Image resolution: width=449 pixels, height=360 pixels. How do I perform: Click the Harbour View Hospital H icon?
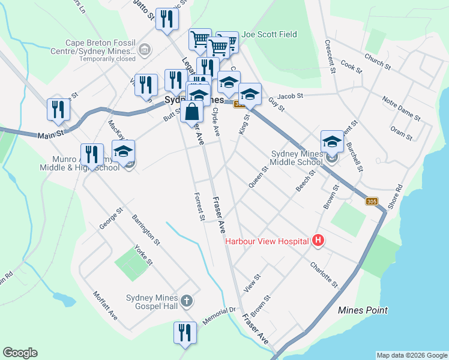pos(319,241)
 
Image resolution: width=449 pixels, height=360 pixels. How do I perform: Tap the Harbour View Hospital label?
pos(267,242)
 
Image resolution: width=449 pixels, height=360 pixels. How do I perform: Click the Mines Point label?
pos(363,310)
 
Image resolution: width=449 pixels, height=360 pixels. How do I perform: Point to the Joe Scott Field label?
pos(269,35)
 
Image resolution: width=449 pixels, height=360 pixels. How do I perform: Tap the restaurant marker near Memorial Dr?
pos(185,334)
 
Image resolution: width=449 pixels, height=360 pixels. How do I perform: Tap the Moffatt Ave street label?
pos(105,305)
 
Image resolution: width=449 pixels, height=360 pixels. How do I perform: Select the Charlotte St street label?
pos(324,274)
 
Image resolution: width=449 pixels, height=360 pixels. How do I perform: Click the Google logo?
pos(20,353)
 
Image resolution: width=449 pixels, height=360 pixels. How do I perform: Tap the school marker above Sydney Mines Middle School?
pos(332,142)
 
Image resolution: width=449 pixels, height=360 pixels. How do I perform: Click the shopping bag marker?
pos(191,112)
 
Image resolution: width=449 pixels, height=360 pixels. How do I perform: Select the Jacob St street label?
pos(291,95)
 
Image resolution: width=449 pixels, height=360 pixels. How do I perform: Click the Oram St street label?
pos(401,133)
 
